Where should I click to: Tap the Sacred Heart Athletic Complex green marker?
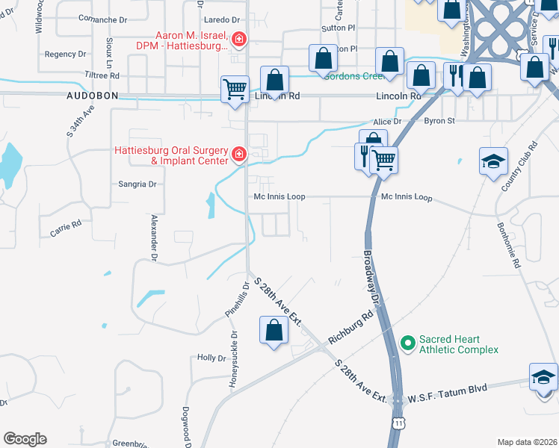pyautogui.click(x=407, y=343)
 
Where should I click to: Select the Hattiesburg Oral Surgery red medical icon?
pyautogui.click(x=239, y=155)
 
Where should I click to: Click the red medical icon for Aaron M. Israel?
pyautogui.click(x=239, y=39)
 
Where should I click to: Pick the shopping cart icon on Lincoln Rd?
pyautogui.click(x=235, y=89)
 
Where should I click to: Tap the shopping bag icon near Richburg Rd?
pyautogui.click(x=274, y=330)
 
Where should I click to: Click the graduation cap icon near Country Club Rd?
pyautogui.click(x=493, y=162)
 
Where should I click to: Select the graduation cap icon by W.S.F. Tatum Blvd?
pyautogui.click(x=543, y=377)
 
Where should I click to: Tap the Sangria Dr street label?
pyautogui.click(x=138, y=184)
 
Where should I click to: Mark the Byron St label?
pyautogui.click(x=439, y=120)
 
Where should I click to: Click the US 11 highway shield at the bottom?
pyautogui.click(x=399, y=423)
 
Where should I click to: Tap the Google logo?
pyautogui.click(x=25, y=439)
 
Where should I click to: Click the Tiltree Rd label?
pyautogui.click(x=102, y=75)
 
